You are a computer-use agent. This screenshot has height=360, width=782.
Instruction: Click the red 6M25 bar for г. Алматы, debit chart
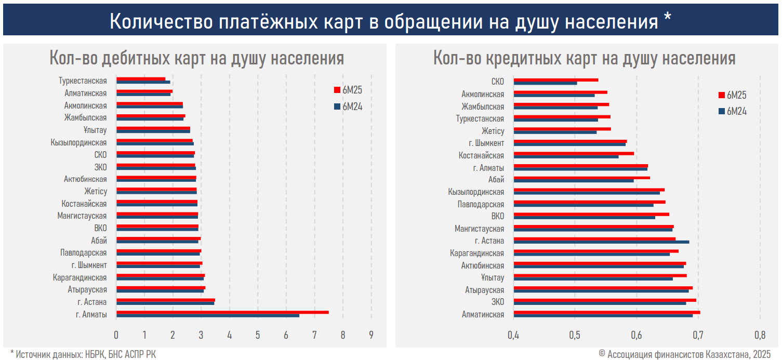point(222,312)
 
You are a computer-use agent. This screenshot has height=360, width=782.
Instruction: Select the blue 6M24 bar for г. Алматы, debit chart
point(208,316)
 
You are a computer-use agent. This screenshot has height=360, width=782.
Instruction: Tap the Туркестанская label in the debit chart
point(83,81)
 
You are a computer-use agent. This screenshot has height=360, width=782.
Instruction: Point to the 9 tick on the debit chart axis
point(371,335)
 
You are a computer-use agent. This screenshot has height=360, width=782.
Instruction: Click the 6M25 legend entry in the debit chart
point(348,90)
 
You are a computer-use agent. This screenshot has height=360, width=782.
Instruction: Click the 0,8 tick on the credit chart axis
point(760,335)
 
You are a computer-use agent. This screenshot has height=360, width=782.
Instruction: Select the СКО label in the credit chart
point(497,82)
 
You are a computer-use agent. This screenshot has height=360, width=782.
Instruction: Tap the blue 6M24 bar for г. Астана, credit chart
point(601,242)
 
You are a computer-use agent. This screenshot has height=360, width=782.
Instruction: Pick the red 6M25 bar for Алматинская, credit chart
point(607,312)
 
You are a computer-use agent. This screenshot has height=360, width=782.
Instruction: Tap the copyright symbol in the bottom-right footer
point(602,353)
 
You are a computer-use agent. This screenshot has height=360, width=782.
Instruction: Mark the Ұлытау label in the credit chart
point(493,278)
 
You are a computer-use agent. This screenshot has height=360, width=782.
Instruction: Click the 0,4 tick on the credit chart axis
point(513,335)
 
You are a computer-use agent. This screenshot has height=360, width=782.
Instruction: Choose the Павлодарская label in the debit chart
point(83,252)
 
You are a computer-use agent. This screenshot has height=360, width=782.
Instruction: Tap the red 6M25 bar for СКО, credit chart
point(556,79)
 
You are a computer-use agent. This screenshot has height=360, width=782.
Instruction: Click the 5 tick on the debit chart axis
point(258,335)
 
